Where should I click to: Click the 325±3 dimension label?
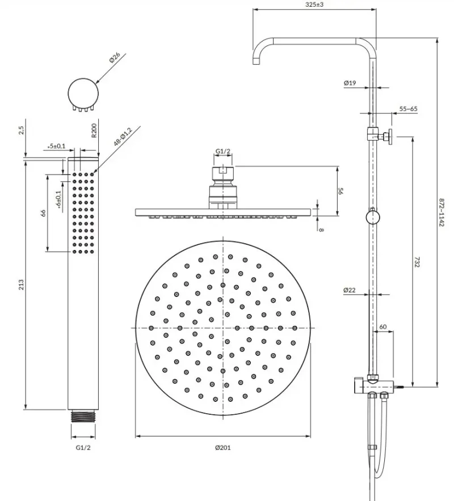tap(314, 5)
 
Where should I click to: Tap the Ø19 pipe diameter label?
tap(350, 83)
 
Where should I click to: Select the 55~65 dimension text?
tap(408, 109)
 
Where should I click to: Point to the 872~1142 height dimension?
tap(442, 213)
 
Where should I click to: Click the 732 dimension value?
tap(417, 262)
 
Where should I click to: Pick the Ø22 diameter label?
tap(350, 290)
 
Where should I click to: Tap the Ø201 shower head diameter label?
tap(222, 448)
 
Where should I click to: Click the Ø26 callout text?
tap(115, 58)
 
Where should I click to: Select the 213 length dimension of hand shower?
tap(21, 285)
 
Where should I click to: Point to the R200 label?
tap(94, 130)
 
